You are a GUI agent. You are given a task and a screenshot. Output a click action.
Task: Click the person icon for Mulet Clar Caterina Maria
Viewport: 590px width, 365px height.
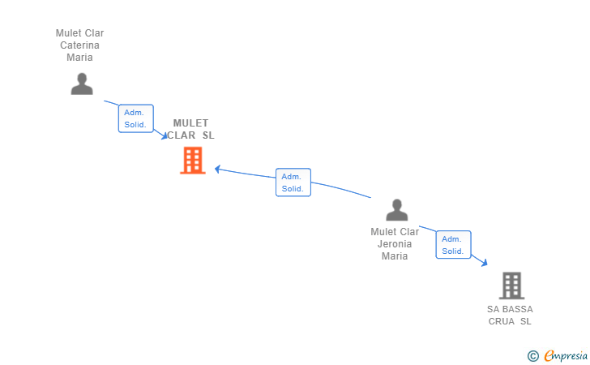click(81, 84)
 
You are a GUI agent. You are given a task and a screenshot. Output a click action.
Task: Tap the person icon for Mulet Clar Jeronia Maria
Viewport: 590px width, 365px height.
click(396, 210)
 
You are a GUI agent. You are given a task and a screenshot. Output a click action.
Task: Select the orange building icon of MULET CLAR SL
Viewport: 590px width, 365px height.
click(192, 160)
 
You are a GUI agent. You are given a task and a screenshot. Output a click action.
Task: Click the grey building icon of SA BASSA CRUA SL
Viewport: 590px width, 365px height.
click(511, 286)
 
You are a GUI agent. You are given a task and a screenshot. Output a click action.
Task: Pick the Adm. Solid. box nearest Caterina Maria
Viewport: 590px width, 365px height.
click(135, 118)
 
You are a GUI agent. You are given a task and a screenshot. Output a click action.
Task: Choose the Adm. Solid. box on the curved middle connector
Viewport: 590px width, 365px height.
click(292, 182)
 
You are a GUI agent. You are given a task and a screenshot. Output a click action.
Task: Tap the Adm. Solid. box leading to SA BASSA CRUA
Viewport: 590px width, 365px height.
click(452, 245)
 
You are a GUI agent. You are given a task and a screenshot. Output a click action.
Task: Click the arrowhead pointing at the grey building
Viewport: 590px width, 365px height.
click(484, 263)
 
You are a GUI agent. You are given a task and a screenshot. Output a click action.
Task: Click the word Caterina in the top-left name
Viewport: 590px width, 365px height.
click(79, 45)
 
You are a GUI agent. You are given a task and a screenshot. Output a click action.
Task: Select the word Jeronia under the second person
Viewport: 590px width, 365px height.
click(395, 244)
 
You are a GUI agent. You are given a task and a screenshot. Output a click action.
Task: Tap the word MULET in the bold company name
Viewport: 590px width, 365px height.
click(190, 123)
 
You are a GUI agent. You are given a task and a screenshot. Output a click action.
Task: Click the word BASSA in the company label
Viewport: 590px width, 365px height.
click(517, 309)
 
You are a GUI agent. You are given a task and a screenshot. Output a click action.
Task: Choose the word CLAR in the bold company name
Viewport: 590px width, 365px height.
click(182, 135)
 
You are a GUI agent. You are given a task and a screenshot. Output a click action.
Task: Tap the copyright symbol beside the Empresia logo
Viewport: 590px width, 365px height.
click(532, 355)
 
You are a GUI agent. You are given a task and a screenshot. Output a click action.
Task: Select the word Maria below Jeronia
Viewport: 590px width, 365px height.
click(395, 256)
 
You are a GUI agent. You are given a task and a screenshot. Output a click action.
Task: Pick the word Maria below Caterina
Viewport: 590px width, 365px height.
click(79, 58)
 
